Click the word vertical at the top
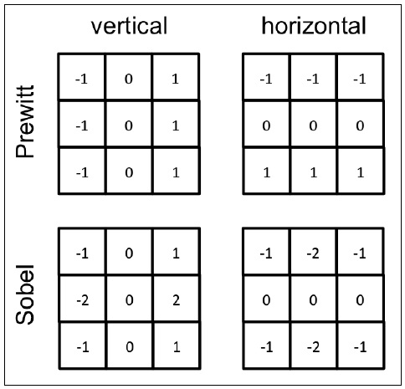point(130,26)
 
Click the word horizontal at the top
point(314,26)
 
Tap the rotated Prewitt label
point(25,121)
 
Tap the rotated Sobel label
point(25,294)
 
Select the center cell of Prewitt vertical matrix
point(129,125)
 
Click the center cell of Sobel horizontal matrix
point(313,300)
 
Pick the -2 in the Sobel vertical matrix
point(83,300)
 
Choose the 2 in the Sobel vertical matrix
point(176,300)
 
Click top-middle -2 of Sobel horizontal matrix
point(313,253)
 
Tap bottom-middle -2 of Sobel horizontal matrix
point(313,347)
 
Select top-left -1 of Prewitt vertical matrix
point(82,79)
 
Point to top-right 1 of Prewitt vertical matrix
point(176,79)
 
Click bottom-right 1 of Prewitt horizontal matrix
point(361,173)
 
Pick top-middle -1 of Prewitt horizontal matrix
point(313,79)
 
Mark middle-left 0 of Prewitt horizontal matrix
point(266,125)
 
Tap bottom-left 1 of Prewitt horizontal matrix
point(267,173)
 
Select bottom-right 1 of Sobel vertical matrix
point(177,347)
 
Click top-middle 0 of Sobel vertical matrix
point(129,253)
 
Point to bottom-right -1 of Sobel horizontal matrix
point(360,347)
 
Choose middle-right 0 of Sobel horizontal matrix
point(360,300)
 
